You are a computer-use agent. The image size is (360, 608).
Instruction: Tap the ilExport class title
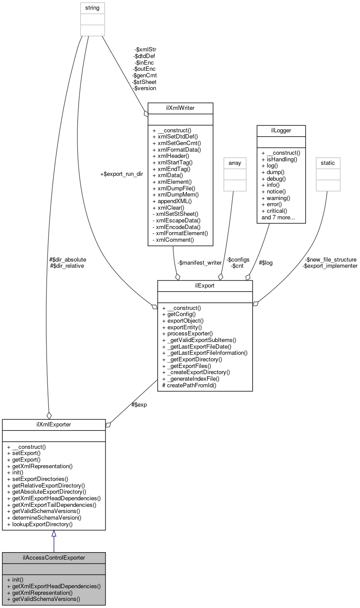[205, 286]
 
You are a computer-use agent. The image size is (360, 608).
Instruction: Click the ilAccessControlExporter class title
[54, 557]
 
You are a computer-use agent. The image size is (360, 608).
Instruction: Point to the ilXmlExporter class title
[54, 424]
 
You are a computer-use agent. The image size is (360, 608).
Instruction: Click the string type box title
[92, 8]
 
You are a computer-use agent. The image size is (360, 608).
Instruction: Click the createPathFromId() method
[189, 385]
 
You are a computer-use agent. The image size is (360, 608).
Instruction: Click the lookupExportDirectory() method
[40, 524]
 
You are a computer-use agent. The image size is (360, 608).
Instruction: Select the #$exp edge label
[139, 404]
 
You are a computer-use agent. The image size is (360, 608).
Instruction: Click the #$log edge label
[266, 262]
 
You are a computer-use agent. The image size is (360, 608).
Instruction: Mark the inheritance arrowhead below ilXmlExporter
[54, 534]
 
